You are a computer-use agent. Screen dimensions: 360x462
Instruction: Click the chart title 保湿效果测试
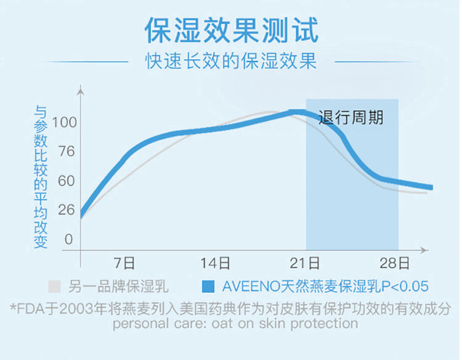coord(231,29)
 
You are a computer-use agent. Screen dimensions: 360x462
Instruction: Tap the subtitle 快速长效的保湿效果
coord(231,62)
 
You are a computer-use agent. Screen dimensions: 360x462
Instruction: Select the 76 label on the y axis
coord(63,152)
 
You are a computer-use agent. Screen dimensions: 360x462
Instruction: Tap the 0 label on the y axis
coord(69,239)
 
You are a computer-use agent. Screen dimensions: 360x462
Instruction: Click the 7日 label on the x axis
coord(125,264)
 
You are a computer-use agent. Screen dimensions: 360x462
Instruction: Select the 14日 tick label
coord(216,264)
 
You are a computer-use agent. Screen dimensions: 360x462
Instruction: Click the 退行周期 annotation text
coord(351,118)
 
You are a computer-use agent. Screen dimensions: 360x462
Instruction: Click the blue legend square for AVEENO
coord(209,286)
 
